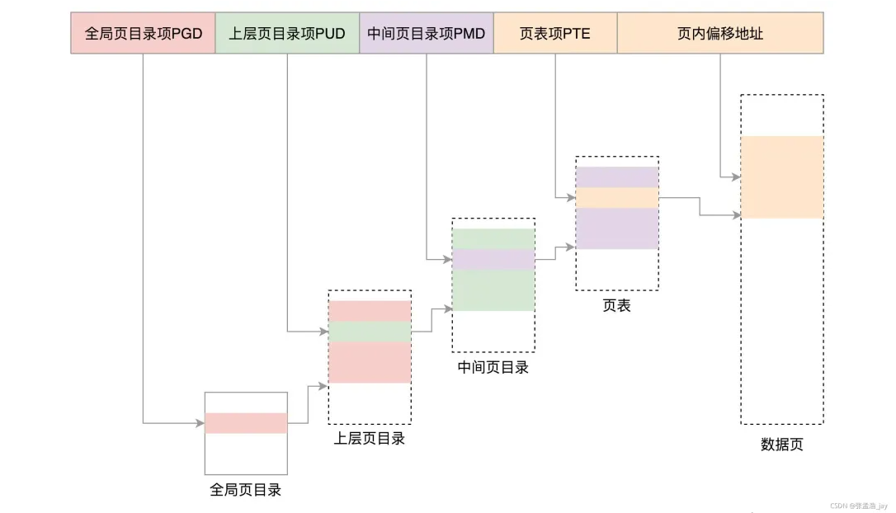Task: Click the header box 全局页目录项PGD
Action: (143, 33)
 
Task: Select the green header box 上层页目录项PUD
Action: (287, 33)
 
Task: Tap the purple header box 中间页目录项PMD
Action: (427, 33)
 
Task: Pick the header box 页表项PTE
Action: (555, 33)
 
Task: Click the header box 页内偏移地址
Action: (720, 33)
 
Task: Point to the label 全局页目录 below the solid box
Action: (246, 490)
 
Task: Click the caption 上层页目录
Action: (370, 439)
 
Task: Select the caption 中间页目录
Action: (493, 368)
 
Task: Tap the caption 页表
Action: (616, 305)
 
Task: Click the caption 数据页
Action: (781, 445)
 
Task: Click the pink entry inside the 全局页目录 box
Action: (246, 423)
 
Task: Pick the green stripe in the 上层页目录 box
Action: (370, 332)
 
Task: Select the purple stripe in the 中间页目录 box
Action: (493, 260)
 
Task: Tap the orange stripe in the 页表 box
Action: (616, 198)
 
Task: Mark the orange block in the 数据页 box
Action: (781, 177)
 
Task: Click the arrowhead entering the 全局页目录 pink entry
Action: (200, 423)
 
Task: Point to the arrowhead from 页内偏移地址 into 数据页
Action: (736, 177)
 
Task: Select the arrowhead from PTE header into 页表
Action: (571, 198)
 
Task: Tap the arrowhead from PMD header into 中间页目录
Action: (448, 260)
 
